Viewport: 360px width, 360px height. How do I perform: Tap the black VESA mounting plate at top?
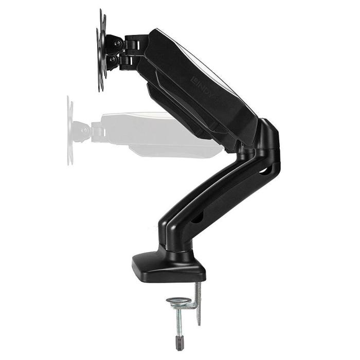(x=102, y=51)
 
